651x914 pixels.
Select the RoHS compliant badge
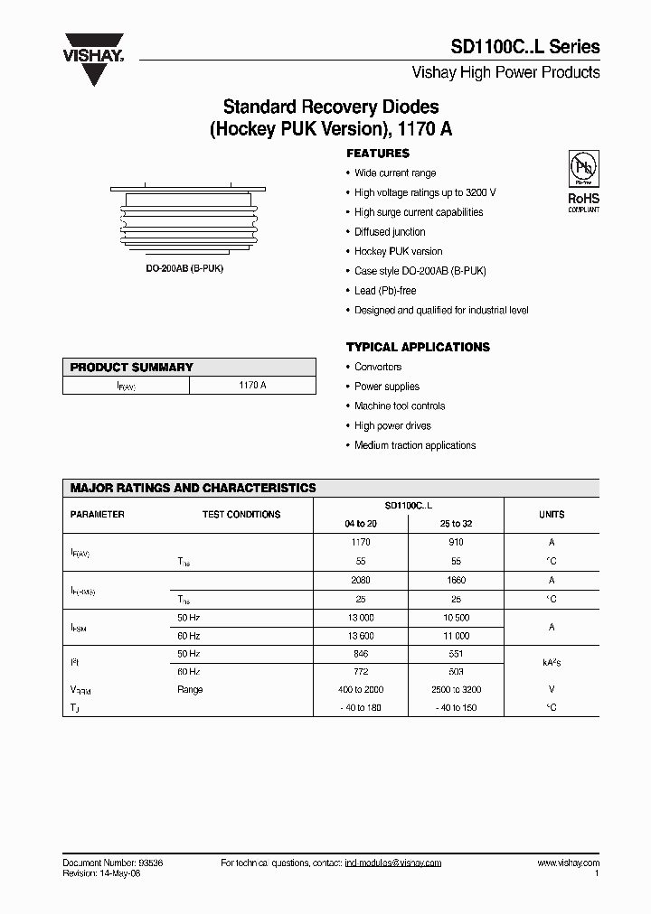(582, 182)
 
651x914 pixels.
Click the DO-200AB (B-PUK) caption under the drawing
(189, 269)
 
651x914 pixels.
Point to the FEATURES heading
(378, 154)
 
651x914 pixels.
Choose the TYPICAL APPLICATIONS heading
(418, 347)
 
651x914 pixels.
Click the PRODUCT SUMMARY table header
(132, 368)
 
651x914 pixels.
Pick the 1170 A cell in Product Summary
(252, 386)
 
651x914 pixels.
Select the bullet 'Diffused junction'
(390, 232)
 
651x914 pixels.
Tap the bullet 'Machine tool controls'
(400, 406)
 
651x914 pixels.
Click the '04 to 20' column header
(361, 524)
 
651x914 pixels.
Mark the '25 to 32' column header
(455, 524)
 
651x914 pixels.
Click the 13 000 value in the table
(361, 619)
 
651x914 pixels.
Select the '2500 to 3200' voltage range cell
(455, 689)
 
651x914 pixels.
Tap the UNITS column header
(552, 515)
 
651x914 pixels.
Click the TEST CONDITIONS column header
(241, 515)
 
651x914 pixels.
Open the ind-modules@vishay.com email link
(393, 863)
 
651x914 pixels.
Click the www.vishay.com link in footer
(567, 863)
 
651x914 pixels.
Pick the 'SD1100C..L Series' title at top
(525, 48)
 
